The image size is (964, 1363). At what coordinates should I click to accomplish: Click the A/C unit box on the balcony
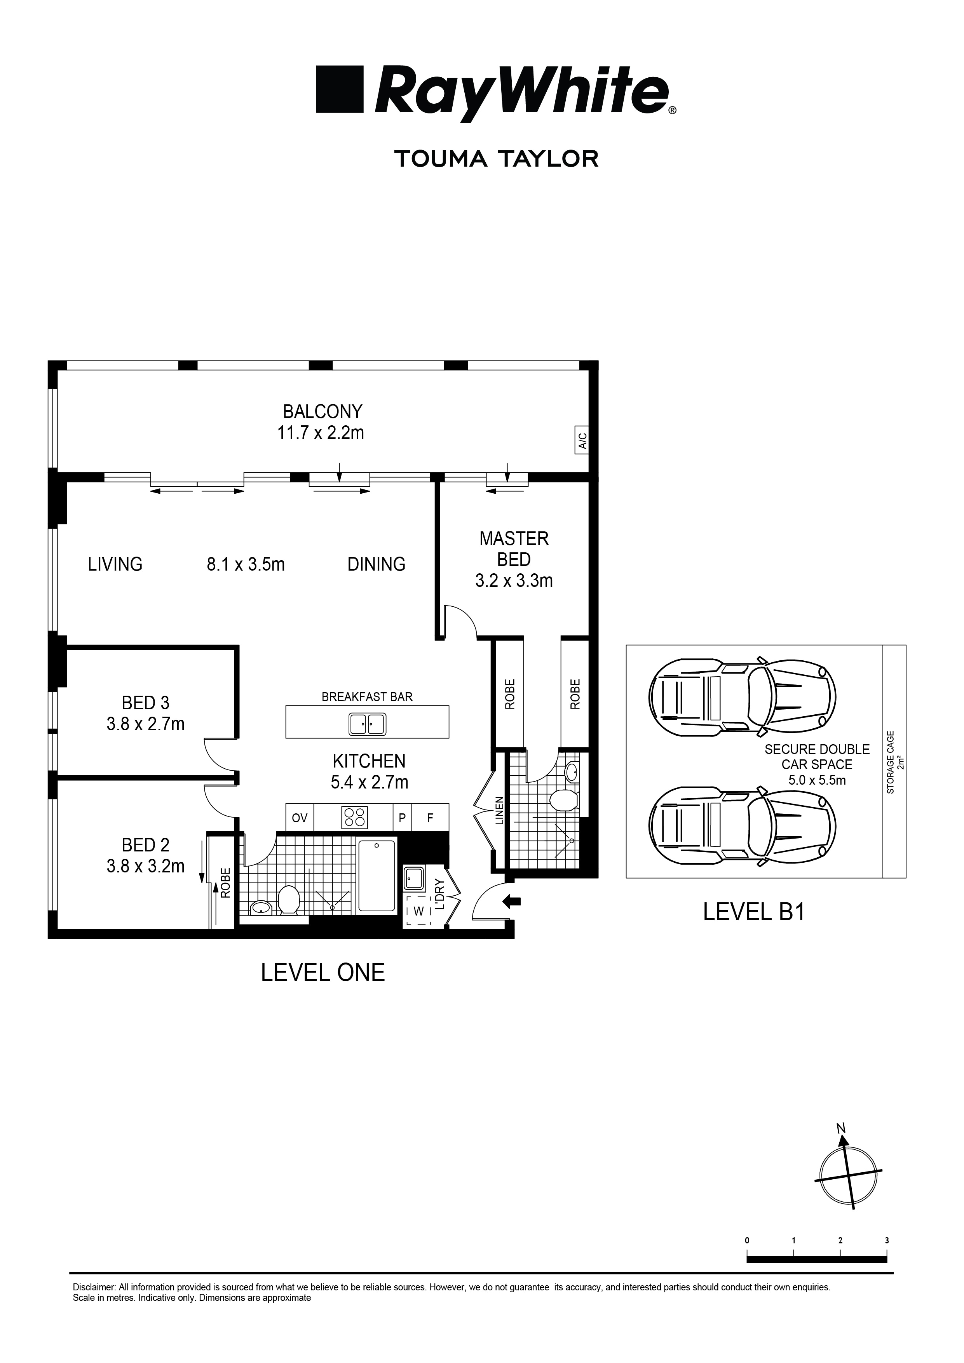582,440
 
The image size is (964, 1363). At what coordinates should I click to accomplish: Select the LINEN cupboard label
500,810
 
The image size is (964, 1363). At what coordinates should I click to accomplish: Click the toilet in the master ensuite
563,800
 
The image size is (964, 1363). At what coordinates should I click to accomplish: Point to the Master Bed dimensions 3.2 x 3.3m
514,581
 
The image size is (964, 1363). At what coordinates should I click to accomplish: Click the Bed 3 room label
146,703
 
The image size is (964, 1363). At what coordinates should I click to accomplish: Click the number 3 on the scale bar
887,1240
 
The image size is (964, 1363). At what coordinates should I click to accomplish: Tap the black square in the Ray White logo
340,90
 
